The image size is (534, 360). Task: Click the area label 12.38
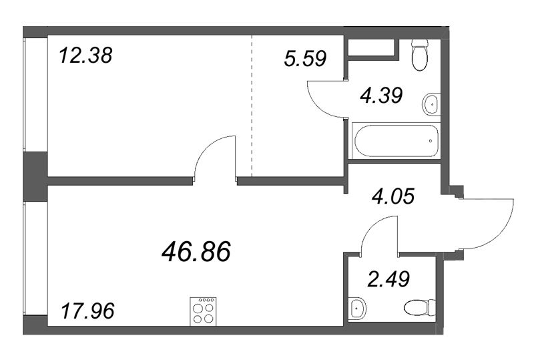tap(85, 53)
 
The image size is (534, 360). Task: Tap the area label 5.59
tap(304, 59)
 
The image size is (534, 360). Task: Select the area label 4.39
tap(380, 96)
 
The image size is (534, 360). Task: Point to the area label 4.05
tap(393, 196)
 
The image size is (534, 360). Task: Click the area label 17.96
tap(87, 311)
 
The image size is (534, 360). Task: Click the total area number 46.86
tap(196, 252)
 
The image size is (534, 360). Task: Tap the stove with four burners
tap(204, 311)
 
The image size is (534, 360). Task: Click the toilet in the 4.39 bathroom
tap(420, 54)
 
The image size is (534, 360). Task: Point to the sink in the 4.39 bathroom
tap(431, 104)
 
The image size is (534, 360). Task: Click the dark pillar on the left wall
tap(34, 175)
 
